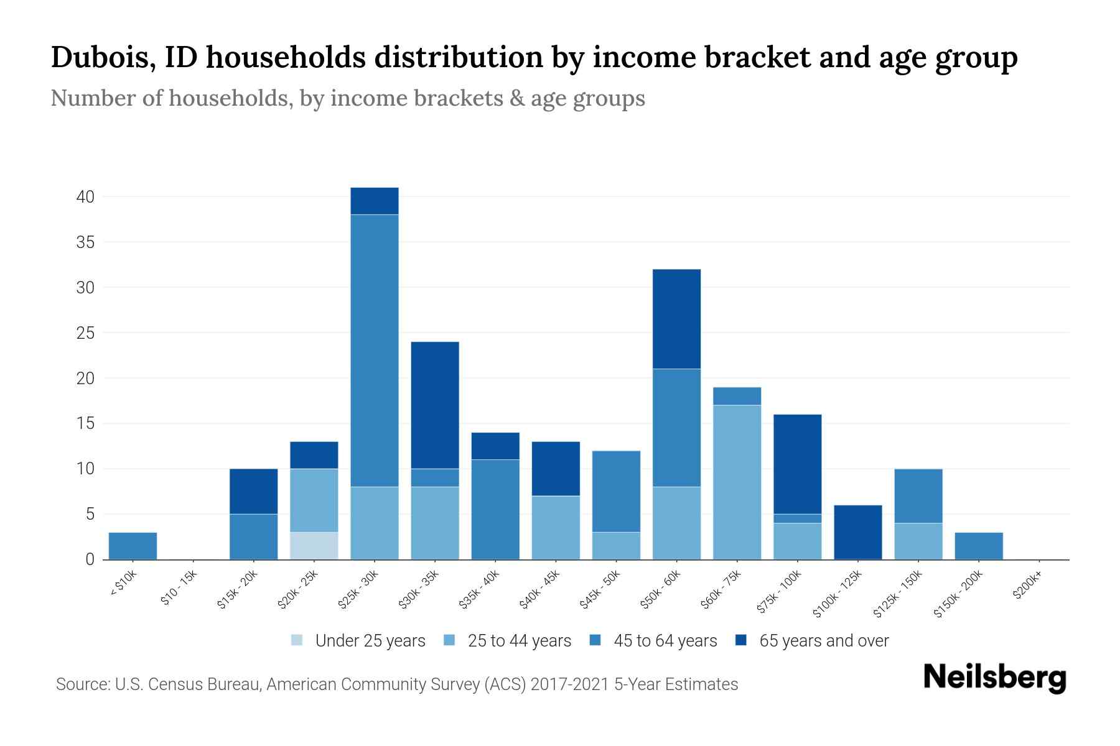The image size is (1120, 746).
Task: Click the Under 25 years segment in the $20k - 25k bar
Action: tap(314, 545)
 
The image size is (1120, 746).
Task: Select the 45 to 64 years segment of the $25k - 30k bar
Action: tap(374, 350)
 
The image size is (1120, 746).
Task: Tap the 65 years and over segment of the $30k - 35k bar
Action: tap(435, 405)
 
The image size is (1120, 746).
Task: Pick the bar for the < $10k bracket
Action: tap(133, 545)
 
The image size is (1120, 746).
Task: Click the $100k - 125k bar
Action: tap(857, 532)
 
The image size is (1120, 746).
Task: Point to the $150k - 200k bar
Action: tap(978, 545)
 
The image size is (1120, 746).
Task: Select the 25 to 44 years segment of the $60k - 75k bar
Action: tap(737, 482)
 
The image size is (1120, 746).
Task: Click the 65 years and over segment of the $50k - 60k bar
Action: tap(676, 319)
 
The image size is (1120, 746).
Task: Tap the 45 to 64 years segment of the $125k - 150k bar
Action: tap(918, 495)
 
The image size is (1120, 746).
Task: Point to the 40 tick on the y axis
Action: tap(85, 197)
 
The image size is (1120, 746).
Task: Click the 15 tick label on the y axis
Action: tap(85, 423)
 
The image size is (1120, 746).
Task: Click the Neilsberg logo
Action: tap(994, 678)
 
